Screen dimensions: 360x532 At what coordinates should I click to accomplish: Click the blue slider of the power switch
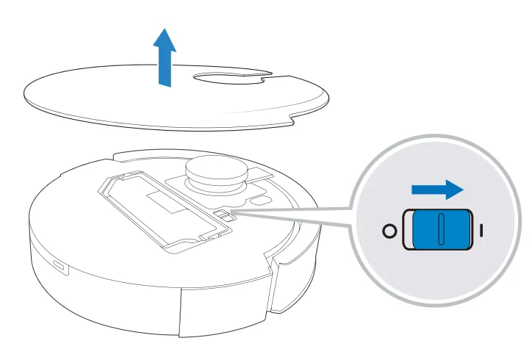[439, 231]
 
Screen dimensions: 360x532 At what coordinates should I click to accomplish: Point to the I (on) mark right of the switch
[481, 231]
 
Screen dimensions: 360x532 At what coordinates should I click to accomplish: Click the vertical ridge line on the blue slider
[439, 231]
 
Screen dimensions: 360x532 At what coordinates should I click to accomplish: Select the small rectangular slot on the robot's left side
[57, 266]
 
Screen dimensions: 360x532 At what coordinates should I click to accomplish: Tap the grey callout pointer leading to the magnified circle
[294, 217]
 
